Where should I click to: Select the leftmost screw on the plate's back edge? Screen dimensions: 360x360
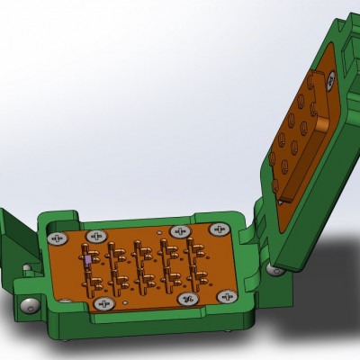(59, 238)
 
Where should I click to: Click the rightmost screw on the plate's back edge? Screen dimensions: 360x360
(215, 229)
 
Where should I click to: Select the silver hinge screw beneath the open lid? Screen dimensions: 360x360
(277, 267)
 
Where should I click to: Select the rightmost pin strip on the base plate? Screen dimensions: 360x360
(193, 262)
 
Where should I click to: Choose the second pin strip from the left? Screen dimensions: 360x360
(114, 266)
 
